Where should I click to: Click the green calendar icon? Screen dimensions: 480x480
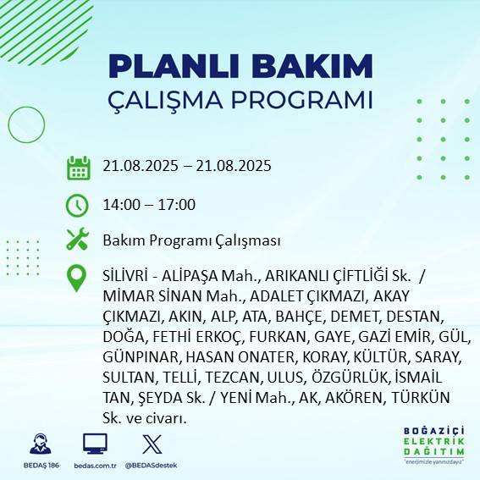(79, 167)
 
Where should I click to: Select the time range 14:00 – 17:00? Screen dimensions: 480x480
(148, 205)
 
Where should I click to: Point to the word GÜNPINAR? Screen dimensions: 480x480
(128, 356)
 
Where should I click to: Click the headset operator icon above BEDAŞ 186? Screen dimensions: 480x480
(39, 443)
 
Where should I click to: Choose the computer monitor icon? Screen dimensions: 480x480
(95, 443)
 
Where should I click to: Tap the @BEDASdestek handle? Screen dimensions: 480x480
(152, 466)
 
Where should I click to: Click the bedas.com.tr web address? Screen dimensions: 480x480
(95, 466)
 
